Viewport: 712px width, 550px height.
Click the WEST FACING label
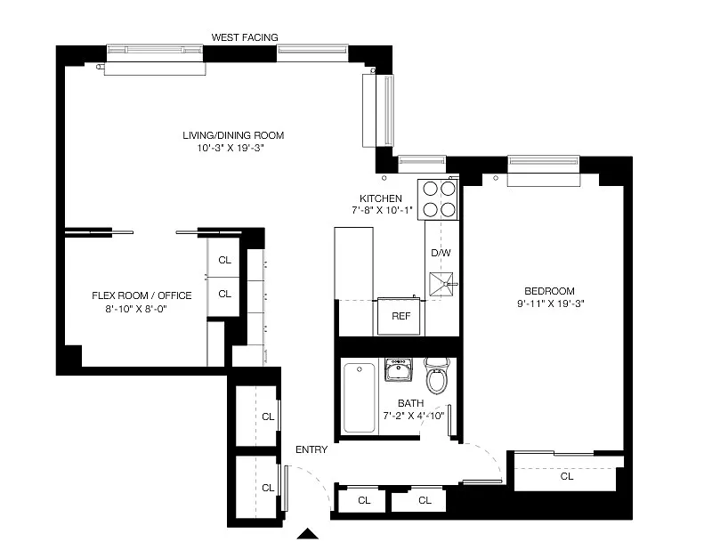[x=245, y=37]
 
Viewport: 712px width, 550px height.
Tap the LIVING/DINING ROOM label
[x=233, y=135]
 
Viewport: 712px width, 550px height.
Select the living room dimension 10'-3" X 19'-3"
[x=231, y=148]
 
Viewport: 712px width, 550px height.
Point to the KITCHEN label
[x=381, y=198]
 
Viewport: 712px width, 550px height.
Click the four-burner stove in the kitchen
[x=439, y=199]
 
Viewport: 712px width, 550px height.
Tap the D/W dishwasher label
[x=441, y=253]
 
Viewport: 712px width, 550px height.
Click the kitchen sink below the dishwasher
[x=441, y=284]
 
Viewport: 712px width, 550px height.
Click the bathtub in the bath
[x=360, y=398]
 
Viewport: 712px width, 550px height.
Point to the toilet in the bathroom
[x=437, y=376]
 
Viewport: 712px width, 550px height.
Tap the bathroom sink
[x=399, y=369]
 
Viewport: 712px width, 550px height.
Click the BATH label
[x=411, y=403]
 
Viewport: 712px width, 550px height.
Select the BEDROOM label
[x=549, y=291]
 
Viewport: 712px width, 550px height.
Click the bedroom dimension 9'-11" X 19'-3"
[x=550, y=303]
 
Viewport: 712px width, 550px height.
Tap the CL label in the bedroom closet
[x=567, y=476]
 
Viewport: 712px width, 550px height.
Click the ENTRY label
[x=311, y=449]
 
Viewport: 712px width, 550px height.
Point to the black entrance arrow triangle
[x=307, y=534]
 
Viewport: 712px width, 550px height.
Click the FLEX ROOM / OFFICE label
[x=142, y=295]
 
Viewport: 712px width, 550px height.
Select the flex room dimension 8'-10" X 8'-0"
[x=136, y=309]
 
